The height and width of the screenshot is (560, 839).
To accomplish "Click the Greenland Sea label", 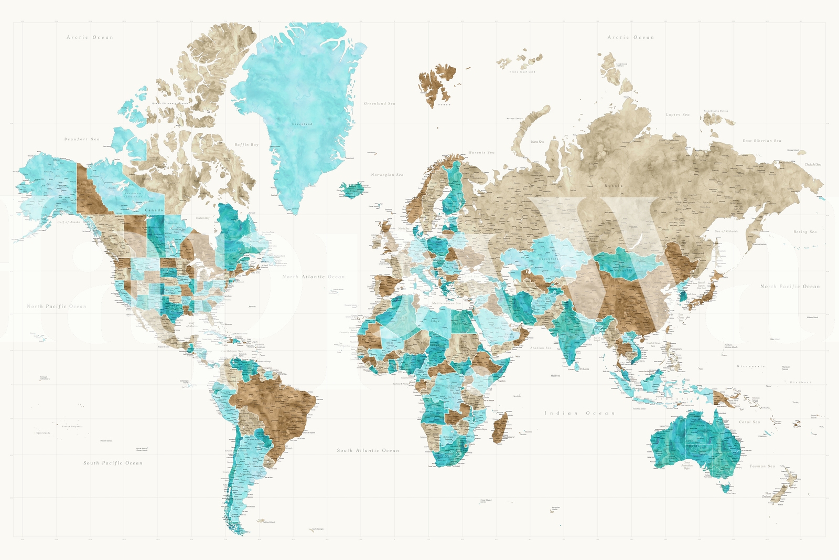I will tap(380, 104).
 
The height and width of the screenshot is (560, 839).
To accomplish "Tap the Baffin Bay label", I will tap(246, 145).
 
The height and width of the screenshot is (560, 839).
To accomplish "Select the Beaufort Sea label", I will tap(82, 140).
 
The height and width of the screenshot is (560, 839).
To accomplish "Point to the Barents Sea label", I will tap(481, 153).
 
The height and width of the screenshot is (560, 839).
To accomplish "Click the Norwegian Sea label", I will tap(388, 175).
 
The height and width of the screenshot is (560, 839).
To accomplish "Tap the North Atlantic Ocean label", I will tap(314, 277).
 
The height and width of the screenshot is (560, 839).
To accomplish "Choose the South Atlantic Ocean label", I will tap(368, 450).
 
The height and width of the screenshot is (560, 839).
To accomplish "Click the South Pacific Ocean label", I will tap(113, 463).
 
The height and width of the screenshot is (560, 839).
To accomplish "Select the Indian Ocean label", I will tap(579, 414).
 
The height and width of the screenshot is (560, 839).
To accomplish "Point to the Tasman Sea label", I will tap(762, 466).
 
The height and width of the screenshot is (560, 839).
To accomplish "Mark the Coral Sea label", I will tap(749, 422).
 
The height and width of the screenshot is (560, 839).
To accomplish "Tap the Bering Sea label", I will tap(805, 232).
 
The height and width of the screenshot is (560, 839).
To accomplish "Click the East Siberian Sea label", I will tap(761, 141).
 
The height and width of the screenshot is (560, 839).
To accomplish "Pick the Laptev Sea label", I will tap(677, 114).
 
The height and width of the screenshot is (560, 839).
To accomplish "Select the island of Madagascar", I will tap(501, 426).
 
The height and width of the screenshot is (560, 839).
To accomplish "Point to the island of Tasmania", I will tap(726, 489).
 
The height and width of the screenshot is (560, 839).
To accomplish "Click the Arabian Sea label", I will tap(541, 348).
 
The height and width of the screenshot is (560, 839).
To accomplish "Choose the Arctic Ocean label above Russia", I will tap(631, 38).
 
